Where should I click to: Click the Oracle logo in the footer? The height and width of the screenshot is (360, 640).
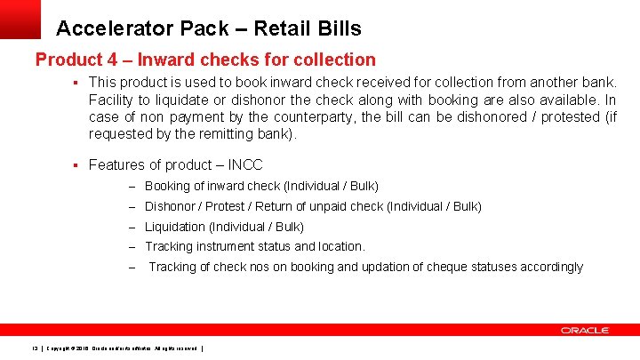584,331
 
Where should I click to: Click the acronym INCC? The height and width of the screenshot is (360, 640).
245,164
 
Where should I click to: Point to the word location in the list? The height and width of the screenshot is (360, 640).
338,246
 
